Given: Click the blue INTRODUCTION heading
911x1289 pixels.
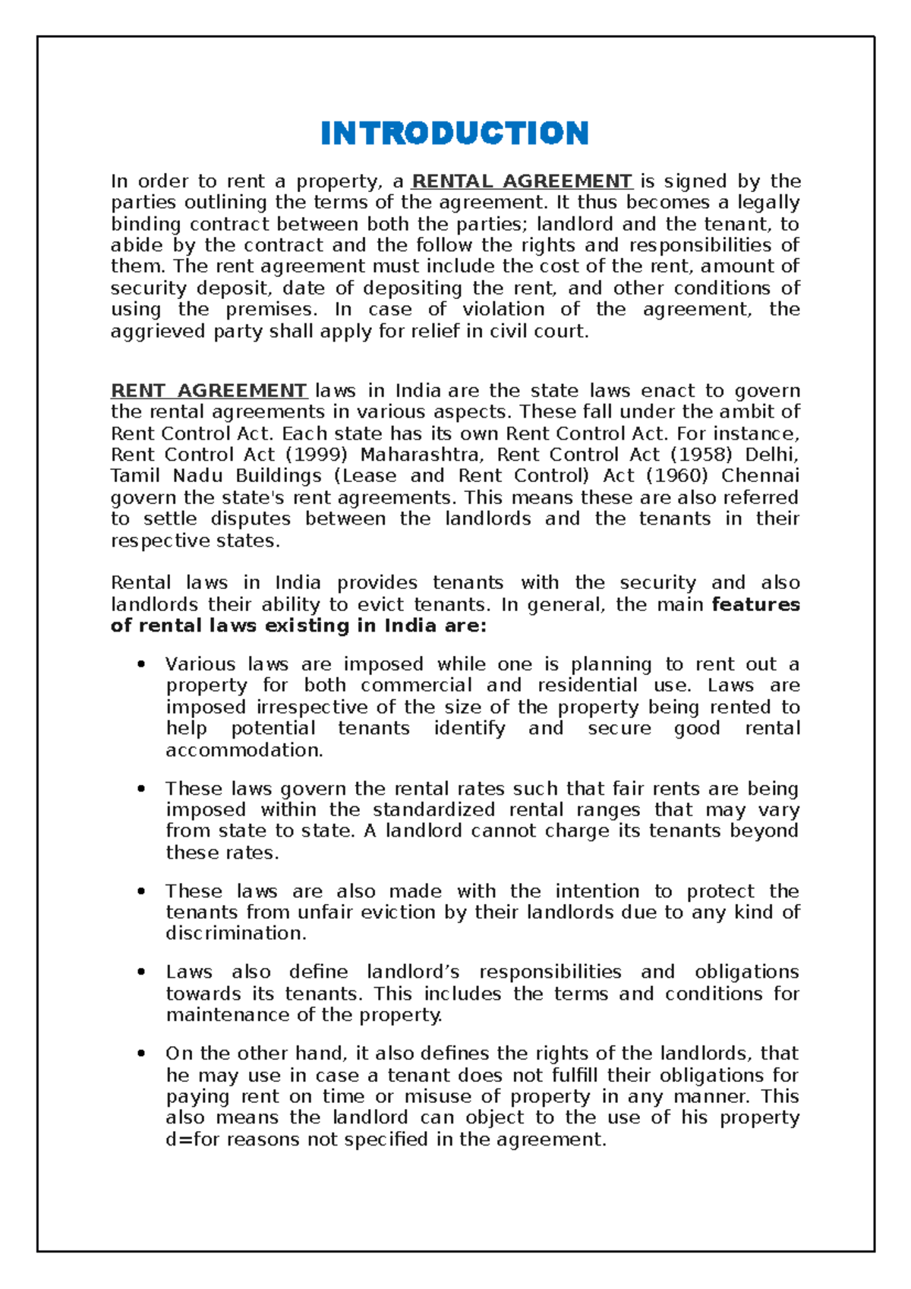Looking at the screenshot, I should coord(454,134).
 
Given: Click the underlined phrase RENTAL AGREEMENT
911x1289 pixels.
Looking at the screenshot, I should coord(522,181).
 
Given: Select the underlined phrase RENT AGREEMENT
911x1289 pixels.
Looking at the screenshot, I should coord(209,391).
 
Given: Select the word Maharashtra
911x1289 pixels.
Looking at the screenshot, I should coord(421,455).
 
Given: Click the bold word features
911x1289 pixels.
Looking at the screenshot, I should coord(755,605).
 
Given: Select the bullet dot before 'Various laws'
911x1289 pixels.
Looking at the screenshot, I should coord(140,665).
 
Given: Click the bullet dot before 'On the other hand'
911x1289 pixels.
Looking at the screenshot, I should coord(140,1054).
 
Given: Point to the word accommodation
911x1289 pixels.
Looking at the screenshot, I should coord(244,751).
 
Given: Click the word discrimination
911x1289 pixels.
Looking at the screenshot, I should coord(235,934).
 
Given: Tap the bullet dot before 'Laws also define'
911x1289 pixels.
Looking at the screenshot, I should coord(140,973).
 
